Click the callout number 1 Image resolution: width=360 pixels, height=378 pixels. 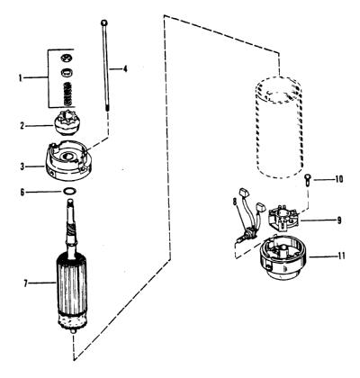[x=20, y=78]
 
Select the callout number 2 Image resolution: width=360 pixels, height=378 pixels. [x=22, y=126]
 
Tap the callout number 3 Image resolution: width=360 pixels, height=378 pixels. [x=22, y=166]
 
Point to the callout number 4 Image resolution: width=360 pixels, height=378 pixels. [x=125, y=68]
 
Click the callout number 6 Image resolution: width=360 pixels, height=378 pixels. [x=22, y=192]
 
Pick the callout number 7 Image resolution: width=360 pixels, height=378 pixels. [x=26, y=283]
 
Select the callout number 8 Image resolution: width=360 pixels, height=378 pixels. [x=235, y=202]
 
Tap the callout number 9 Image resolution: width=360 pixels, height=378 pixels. [x=339, y=220]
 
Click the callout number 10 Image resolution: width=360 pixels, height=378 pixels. [x=339, y=179]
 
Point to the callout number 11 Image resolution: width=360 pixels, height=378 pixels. [x=341, y=256]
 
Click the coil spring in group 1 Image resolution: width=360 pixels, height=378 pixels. [x=68, y=94]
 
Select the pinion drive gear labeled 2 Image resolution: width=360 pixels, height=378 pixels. [x=64, y=122]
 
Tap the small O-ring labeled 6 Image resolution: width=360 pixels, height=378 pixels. [x=69, y=191]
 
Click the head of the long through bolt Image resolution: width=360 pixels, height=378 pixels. [x=104, y=22]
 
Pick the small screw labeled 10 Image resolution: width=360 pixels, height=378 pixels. [x=308, y=181]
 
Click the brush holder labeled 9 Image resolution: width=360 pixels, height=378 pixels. [x=282, y=219]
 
